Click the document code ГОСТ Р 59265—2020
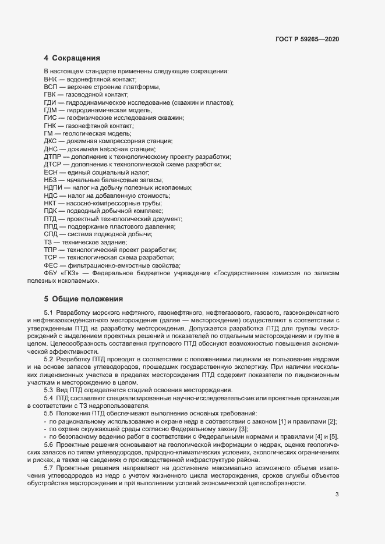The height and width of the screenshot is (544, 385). [307, 39]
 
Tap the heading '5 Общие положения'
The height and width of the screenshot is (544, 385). [83, 299]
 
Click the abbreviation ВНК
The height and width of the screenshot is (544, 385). [51, 79]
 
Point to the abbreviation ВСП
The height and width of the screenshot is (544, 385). [51, 87]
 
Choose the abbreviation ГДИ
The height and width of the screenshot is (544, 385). [50, 102]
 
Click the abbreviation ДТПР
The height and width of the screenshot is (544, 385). [52, 157]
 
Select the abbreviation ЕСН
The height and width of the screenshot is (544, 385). [51, 173]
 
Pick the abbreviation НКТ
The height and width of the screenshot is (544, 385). [50, 204]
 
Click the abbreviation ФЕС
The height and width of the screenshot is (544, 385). [51, 265]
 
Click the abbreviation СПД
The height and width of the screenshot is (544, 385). [51, 234]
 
